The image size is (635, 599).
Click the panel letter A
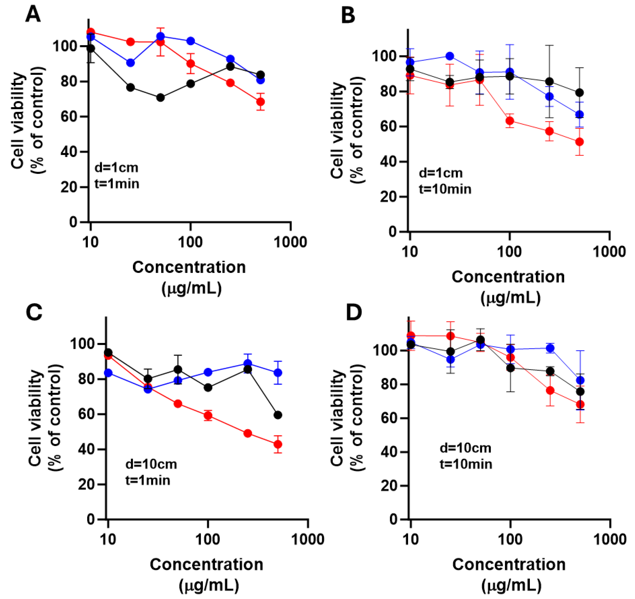pyautogui.click(x=33, y=14)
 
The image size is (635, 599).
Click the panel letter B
pyautogui.click(x=348, y=15)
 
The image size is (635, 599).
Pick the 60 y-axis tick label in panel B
pyautogui.click(x=388, y=127)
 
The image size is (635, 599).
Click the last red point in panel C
pyautogui.click(x=278, y=444)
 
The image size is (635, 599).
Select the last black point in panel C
pyautogui.click(x=278, y=415)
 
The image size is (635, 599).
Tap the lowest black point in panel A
pyautogui.click(x=161, y=98)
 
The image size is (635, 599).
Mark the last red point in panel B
pyautogui.click(x=579, y=142)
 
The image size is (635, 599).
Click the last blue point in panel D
pyautogui.click(x=580, y=380)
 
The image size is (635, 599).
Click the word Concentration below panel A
pyautogui.click(x=189, y=267)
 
